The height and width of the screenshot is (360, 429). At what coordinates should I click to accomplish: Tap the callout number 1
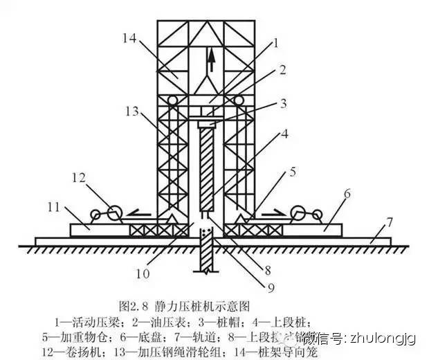(275, 43)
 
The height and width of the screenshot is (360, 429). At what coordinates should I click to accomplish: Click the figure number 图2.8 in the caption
(136, 304)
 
